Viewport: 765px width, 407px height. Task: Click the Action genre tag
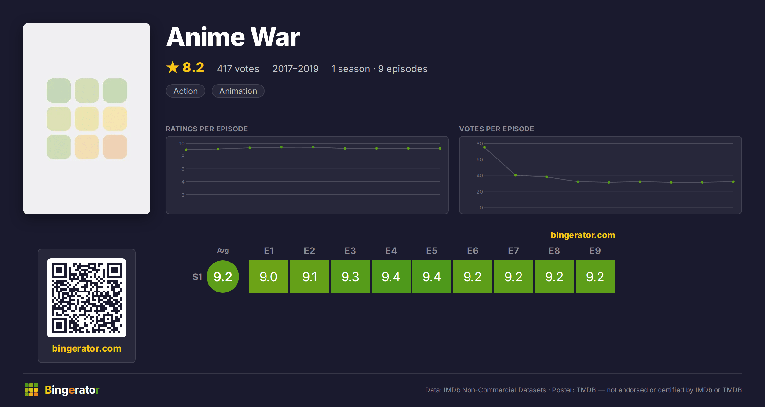click(186, 91)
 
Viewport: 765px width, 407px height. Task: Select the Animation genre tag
click(238, 91)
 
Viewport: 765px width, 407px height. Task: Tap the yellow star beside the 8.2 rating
click(173, 67)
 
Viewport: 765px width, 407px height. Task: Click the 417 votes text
click(238, 69)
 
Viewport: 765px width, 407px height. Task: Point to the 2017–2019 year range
click(295, 69)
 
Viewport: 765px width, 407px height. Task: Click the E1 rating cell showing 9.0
click(269, 277)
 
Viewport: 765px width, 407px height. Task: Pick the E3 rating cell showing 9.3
click(350, 277)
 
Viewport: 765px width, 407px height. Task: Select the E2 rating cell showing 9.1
click(310, 277)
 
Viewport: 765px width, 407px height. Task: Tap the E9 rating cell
click(595, 277)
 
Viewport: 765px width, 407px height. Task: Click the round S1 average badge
click(223, 277)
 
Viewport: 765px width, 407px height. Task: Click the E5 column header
click(432, 251)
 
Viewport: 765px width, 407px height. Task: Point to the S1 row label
click(197, 277)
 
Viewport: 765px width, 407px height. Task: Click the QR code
click(87, 298)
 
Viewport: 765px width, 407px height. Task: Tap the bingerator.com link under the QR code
click(87, 348)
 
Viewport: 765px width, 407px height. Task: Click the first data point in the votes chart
click(484, 147)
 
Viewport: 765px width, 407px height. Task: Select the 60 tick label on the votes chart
click(479, 159)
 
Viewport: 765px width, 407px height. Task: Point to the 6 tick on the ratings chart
click(183, 169)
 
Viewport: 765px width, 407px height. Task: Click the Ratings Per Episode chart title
click(207, 129)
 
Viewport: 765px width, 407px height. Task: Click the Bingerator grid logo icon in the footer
click(31, 390)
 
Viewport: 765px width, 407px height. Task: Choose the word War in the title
click(275, 37)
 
